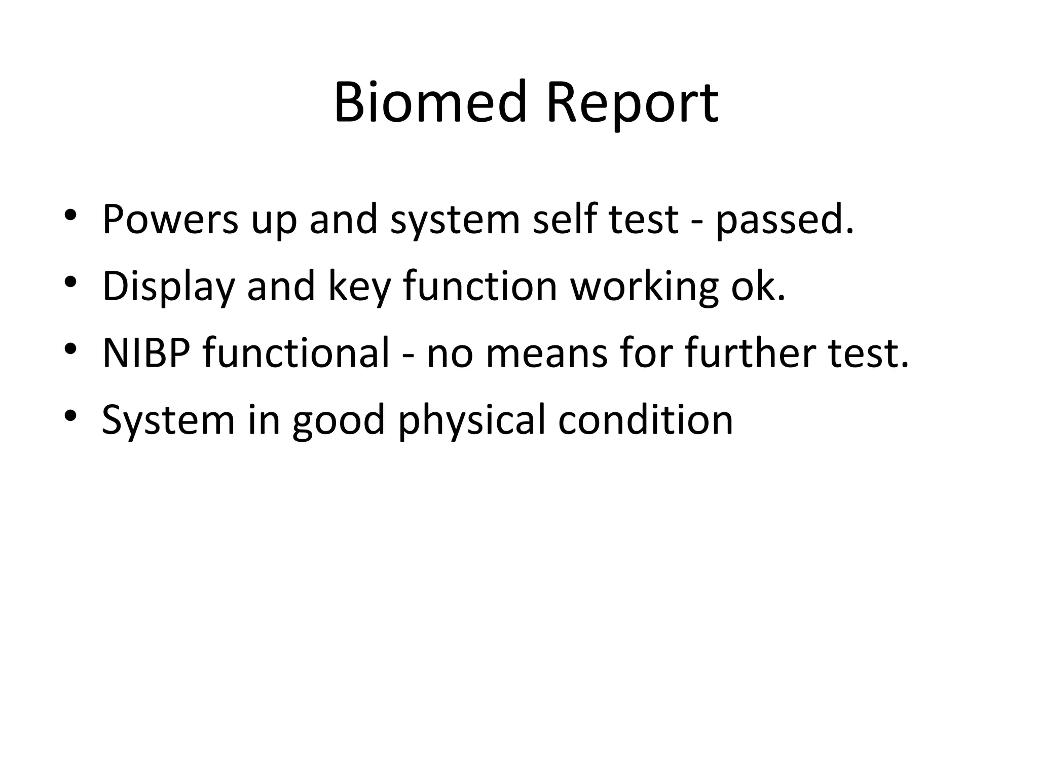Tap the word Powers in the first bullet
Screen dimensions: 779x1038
pyautogui.click(x=170, y=219)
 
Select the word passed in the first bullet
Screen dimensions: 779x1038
pyautogui.click(x=784, y=219)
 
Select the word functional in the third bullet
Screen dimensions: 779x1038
pyautogui.click(x=296, y=353)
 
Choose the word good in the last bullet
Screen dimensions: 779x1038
pyautogui.click(x=339, y=420)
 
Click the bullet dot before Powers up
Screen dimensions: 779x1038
pyautogui.click(x=70, y=214)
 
